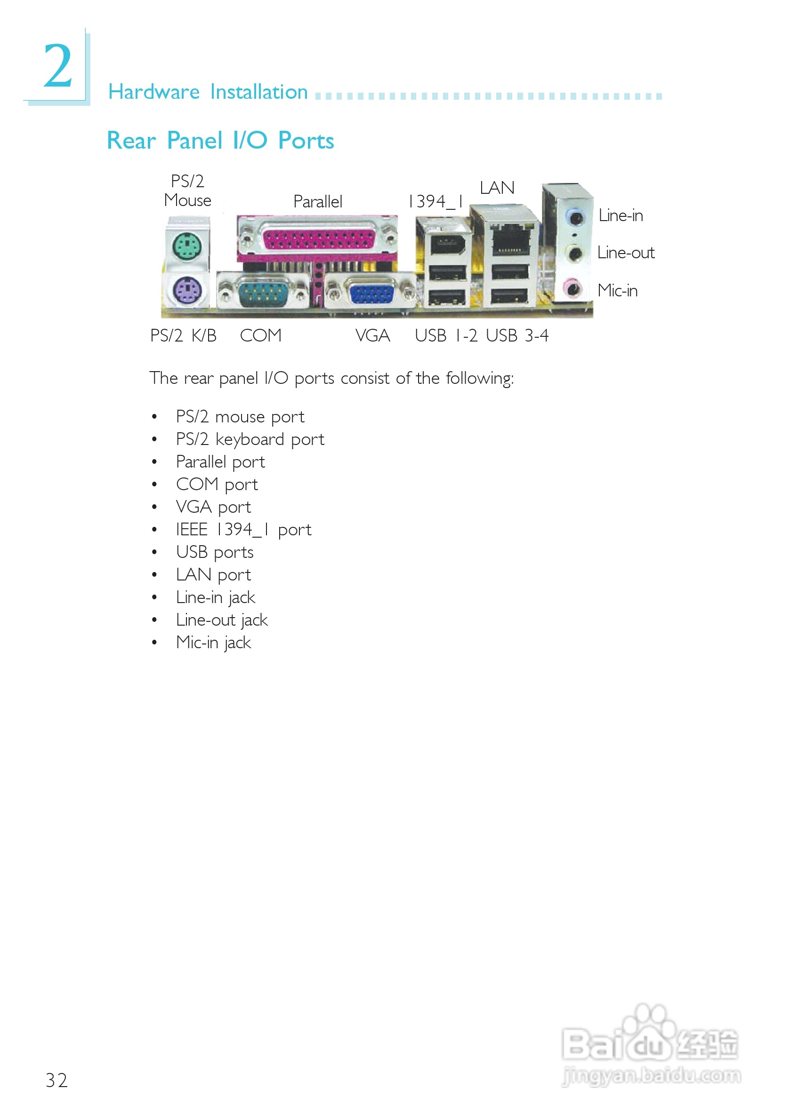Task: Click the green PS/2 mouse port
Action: [x=187, y=246]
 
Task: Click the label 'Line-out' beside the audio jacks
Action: [x=626, y=253]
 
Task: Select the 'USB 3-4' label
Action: [x=516, y=335]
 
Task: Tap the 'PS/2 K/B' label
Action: [x=183, y=335]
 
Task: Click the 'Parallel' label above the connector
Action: [x=317, y=201]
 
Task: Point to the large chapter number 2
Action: [x=58, y=66]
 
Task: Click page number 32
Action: [x=56, y=1080]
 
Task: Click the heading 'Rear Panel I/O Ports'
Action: [x=220, y=141]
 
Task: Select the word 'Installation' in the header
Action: [x=259, y=92]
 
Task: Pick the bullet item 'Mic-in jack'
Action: [x=213, y=643]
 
